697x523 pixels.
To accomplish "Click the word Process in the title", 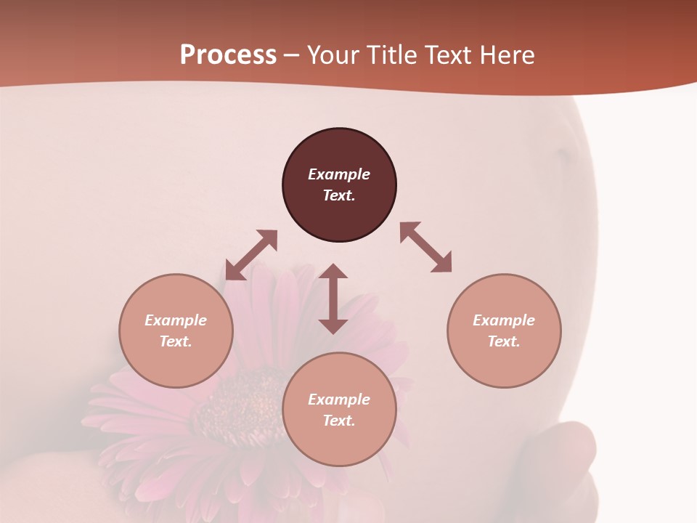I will point(228,55).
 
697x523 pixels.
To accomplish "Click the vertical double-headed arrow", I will point(333,299).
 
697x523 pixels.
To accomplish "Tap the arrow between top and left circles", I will point(251,254).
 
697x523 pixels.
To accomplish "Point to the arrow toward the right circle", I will point(425,247).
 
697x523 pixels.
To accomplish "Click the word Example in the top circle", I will point(339,174).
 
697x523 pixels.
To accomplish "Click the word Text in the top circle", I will point(339,195).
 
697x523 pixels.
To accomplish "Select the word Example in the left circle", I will point(176,320).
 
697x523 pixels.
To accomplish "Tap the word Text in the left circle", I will point(176,341).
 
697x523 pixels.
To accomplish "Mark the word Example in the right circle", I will point(504,320).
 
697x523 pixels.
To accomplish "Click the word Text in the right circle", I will point(504,341).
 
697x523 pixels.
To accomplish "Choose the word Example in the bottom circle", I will point(339,400).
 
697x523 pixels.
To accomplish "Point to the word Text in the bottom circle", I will point(339,421).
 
